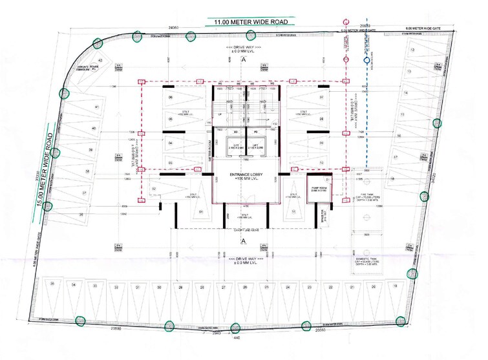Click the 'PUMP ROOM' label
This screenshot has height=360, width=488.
(318, 188)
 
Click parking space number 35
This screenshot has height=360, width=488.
(53, 284)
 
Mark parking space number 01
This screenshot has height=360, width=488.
(201, 211)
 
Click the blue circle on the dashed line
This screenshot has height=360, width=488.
(366, 62)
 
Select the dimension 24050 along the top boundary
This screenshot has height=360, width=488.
(173, 28)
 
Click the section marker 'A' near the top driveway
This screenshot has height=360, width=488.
(244, 59)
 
